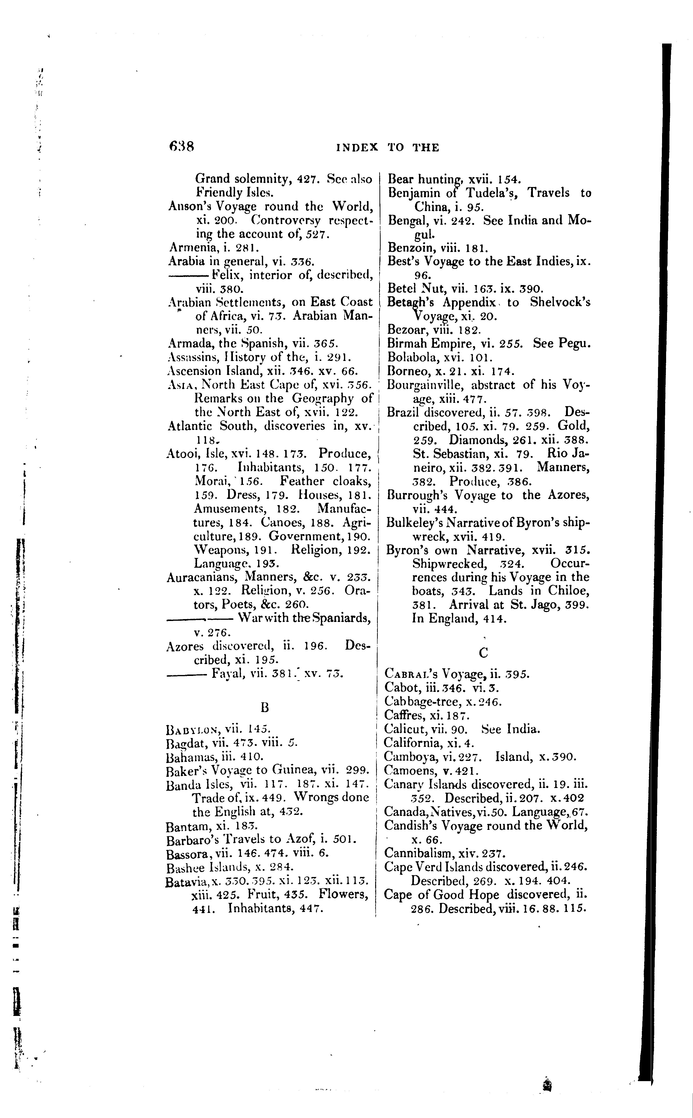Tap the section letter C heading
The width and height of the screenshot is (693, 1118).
point(483,653)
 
